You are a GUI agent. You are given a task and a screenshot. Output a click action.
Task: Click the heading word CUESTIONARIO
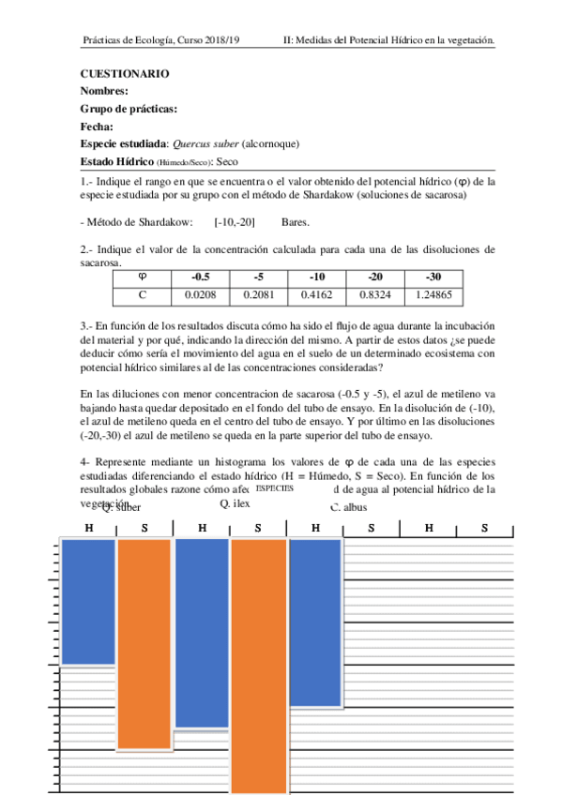tap(125, 73)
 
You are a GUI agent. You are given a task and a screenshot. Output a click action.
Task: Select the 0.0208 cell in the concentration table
tap(201, 294)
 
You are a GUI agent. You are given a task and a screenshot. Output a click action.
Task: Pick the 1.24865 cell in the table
tap(433, 294)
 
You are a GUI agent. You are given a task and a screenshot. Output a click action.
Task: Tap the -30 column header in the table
tap(433, 277)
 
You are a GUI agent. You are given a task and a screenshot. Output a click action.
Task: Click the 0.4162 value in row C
tap(317, 294)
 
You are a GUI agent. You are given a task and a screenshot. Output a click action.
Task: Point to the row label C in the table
tap(143, 294)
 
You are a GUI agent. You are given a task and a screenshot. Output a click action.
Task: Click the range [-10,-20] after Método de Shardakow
tap(235, 222)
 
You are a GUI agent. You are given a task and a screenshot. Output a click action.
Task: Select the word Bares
tap(295, 222)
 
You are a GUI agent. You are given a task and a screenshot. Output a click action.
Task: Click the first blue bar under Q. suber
tap(88, 601)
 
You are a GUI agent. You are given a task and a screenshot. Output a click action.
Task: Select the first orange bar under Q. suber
tap(144, 644)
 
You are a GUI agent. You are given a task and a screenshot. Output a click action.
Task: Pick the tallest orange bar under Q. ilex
tap(258, 666)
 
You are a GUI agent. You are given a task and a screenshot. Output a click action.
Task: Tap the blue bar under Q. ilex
tap(202, 633)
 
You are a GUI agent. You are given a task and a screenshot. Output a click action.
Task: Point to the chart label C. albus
tap(349, 507)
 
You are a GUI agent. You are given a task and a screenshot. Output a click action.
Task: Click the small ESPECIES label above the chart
tap(274, 489)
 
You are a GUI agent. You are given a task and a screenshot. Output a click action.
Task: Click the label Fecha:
tap(98, 127)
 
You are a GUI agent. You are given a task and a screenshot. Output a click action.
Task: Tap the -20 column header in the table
tap(375, 277)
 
